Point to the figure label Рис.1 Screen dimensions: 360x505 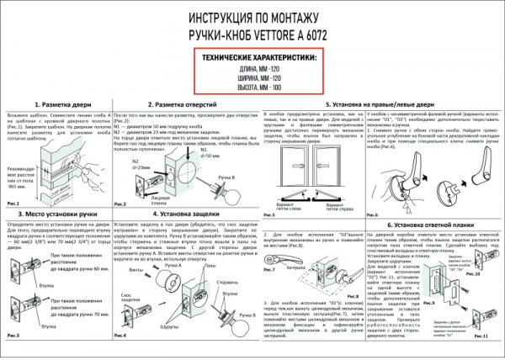(x=13, y=203)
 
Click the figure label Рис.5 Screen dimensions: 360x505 (x=270, y=214)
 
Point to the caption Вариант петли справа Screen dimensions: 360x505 (x=340, y=205)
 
